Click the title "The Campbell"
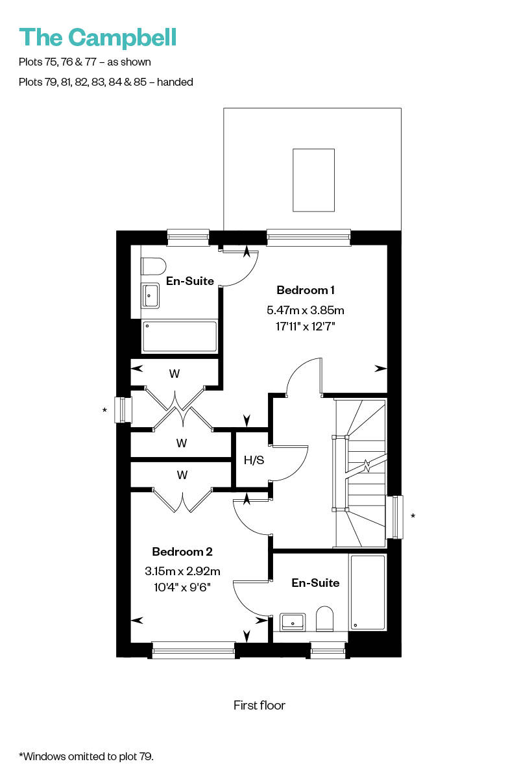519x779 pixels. tap(98, 38)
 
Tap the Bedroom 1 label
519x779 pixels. tap(305, 290)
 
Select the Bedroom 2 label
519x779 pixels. tap(182, 552)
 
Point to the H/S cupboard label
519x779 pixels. tap(254, 460)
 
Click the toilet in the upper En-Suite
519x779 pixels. tap(153, 267)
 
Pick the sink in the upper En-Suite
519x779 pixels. tap(150, 295)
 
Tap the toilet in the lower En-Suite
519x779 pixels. tap(324, 619)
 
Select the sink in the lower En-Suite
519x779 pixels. tap(293, 622)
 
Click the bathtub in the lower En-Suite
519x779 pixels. tap(368, 592)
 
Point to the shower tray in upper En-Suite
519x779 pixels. tap(179, 336)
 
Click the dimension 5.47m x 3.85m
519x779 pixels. tap(305, 310)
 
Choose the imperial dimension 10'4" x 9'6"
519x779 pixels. tap(182, 587)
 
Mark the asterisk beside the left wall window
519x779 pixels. tap(104, 410)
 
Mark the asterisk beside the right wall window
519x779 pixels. tap(413, 515)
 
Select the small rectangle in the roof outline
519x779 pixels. tap(313, 180)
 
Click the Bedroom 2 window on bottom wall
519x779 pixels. tap(193, 650)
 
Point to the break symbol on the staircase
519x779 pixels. tap(367, 465)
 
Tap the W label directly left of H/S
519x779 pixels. tap(182, 443)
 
